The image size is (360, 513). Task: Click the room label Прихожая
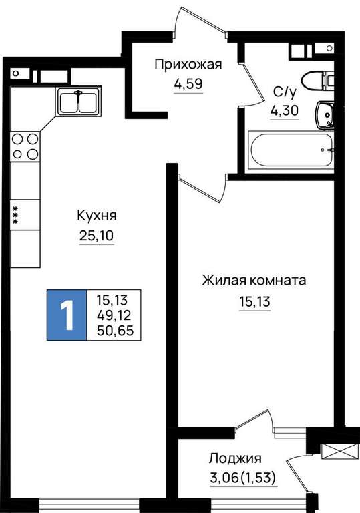(x=188, y=65)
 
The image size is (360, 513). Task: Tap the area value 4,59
(x=188, y=84)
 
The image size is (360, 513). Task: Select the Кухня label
(x=97, y=216)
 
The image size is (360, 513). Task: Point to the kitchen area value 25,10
(x=97, y=235)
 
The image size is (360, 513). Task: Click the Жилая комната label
(x=254, y=281)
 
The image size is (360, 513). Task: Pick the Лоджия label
(x=235, y=458)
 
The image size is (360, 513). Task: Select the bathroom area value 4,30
(x=285, y=111)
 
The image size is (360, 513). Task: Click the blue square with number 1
(x=67, y=315)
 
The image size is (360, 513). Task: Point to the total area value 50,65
(x=115, y=331)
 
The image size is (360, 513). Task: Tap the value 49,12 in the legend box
(x=114, y=315)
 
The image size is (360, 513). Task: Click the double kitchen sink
(x=78, y=101)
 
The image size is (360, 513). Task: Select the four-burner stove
(x=25, y=146)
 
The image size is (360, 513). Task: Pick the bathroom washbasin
(x=325, y=115)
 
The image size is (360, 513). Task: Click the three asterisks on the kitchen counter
(x=15, y=214)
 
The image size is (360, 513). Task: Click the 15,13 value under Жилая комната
(x=255, y=302)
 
